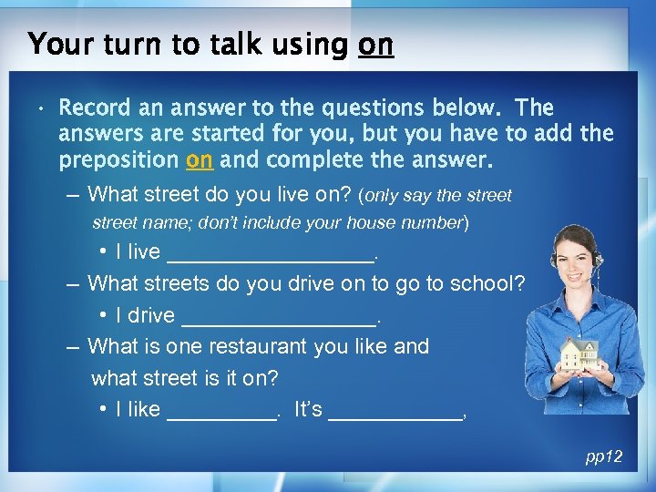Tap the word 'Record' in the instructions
(x=94, y=108)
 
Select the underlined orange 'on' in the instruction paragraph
(x=199, y=161)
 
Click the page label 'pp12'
(x=603, y=456)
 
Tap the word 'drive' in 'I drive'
(x=151, y=315)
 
